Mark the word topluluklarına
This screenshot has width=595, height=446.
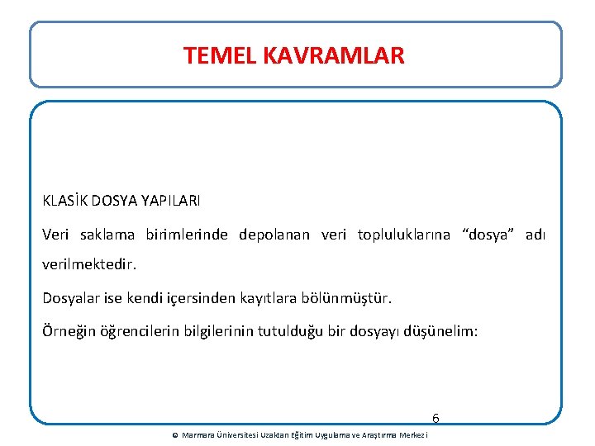(x=404, y=235)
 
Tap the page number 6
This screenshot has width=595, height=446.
(x=436, y=419)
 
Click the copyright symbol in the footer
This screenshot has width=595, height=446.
(x=174, y=435)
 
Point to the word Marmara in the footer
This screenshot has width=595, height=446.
(x=197, y=435)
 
